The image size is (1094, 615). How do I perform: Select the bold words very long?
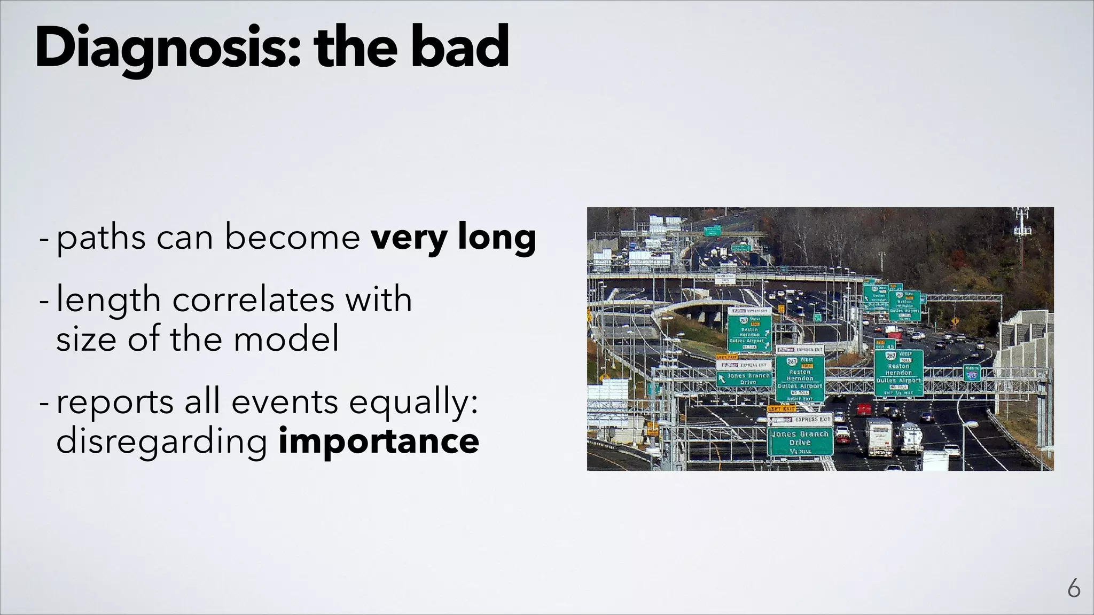454,238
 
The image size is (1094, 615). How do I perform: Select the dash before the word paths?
44,238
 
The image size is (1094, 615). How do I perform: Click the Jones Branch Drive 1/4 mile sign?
800,441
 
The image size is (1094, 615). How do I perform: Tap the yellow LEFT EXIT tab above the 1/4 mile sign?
782,408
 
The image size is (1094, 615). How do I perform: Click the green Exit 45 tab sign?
885,345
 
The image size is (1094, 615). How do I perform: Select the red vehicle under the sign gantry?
864,409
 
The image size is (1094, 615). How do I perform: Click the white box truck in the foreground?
879,437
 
